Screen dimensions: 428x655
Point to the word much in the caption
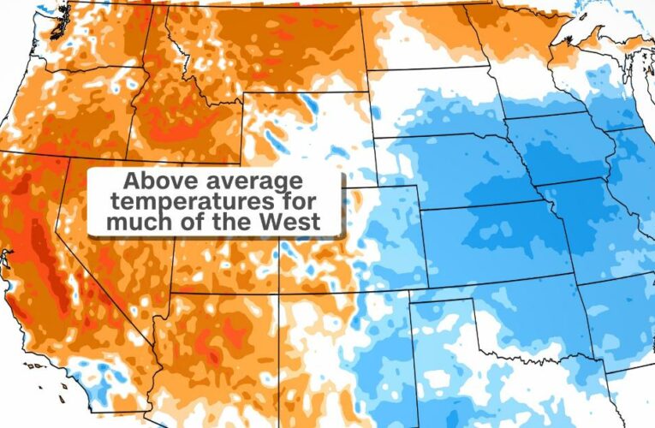pos(133,223)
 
